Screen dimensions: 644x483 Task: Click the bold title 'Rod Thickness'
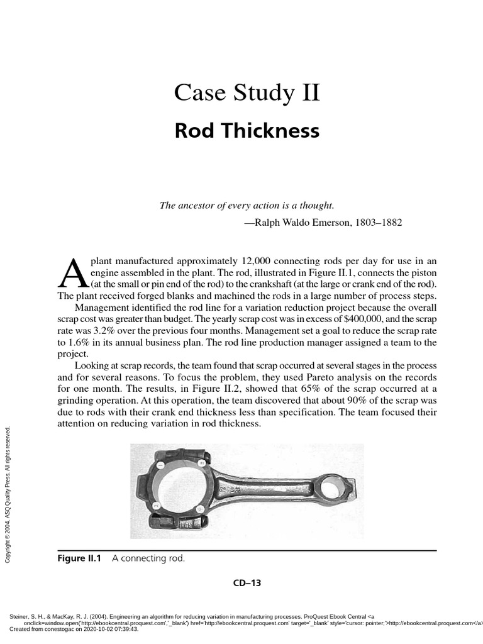(247, 131)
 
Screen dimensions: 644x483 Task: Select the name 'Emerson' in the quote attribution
(320, 223)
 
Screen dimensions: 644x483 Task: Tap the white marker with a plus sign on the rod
(200, 508)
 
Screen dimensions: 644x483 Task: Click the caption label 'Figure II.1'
(79, 558)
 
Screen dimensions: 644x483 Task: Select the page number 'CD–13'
(247, 583)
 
